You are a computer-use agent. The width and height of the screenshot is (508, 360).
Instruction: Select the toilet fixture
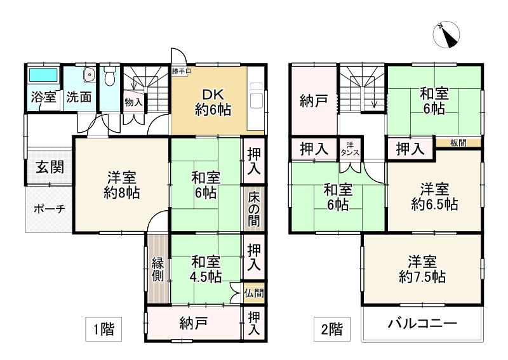coord(110,77)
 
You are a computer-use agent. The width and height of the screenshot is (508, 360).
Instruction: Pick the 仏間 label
coord(253,293)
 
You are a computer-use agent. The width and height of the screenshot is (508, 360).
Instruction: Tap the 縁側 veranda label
coord(157,269)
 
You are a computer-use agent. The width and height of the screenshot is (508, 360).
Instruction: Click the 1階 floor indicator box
coord(104,329)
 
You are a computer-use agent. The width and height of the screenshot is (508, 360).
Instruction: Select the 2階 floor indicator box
coord(331,329)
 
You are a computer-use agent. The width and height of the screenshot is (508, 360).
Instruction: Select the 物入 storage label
coord(133,102)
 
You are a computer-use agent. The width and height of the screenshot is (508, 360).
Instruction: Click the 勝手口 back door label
coord(180,71)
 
